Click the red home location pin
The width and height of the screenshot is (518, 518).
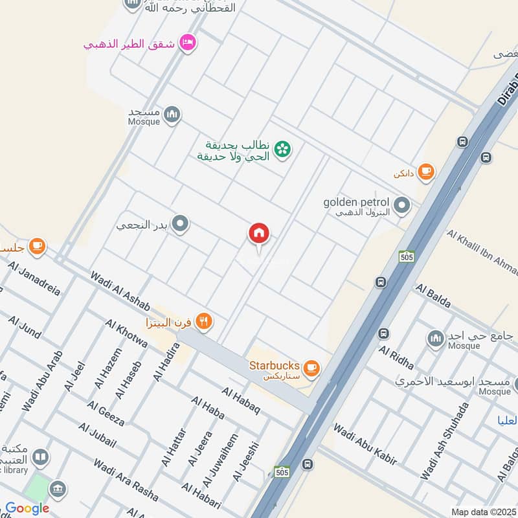pos(259,234)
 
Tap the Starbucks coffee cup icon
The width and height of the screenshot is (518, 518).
pos(311,368)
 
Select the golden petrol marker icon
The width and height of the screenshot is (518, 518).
pos(403,207)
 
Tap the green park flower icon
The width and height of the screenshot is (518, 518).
pos(282,150)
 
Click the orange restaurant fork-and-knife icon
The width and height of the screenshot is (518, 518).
pos(204,321)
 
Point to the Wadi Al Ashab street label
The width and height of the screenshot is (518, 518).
pos(121,291)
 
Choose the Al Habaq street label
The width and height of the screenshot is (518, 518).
pos(240,401)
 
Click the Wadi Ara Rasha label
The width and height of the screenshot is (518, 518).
pos(126,480)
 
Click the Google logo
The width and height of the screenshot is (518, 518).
pos(27,508)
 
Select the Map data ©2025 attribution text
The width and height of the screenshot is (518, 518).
pos(483,512)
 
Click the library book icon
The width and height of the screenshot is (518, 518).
pos(40,458)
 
